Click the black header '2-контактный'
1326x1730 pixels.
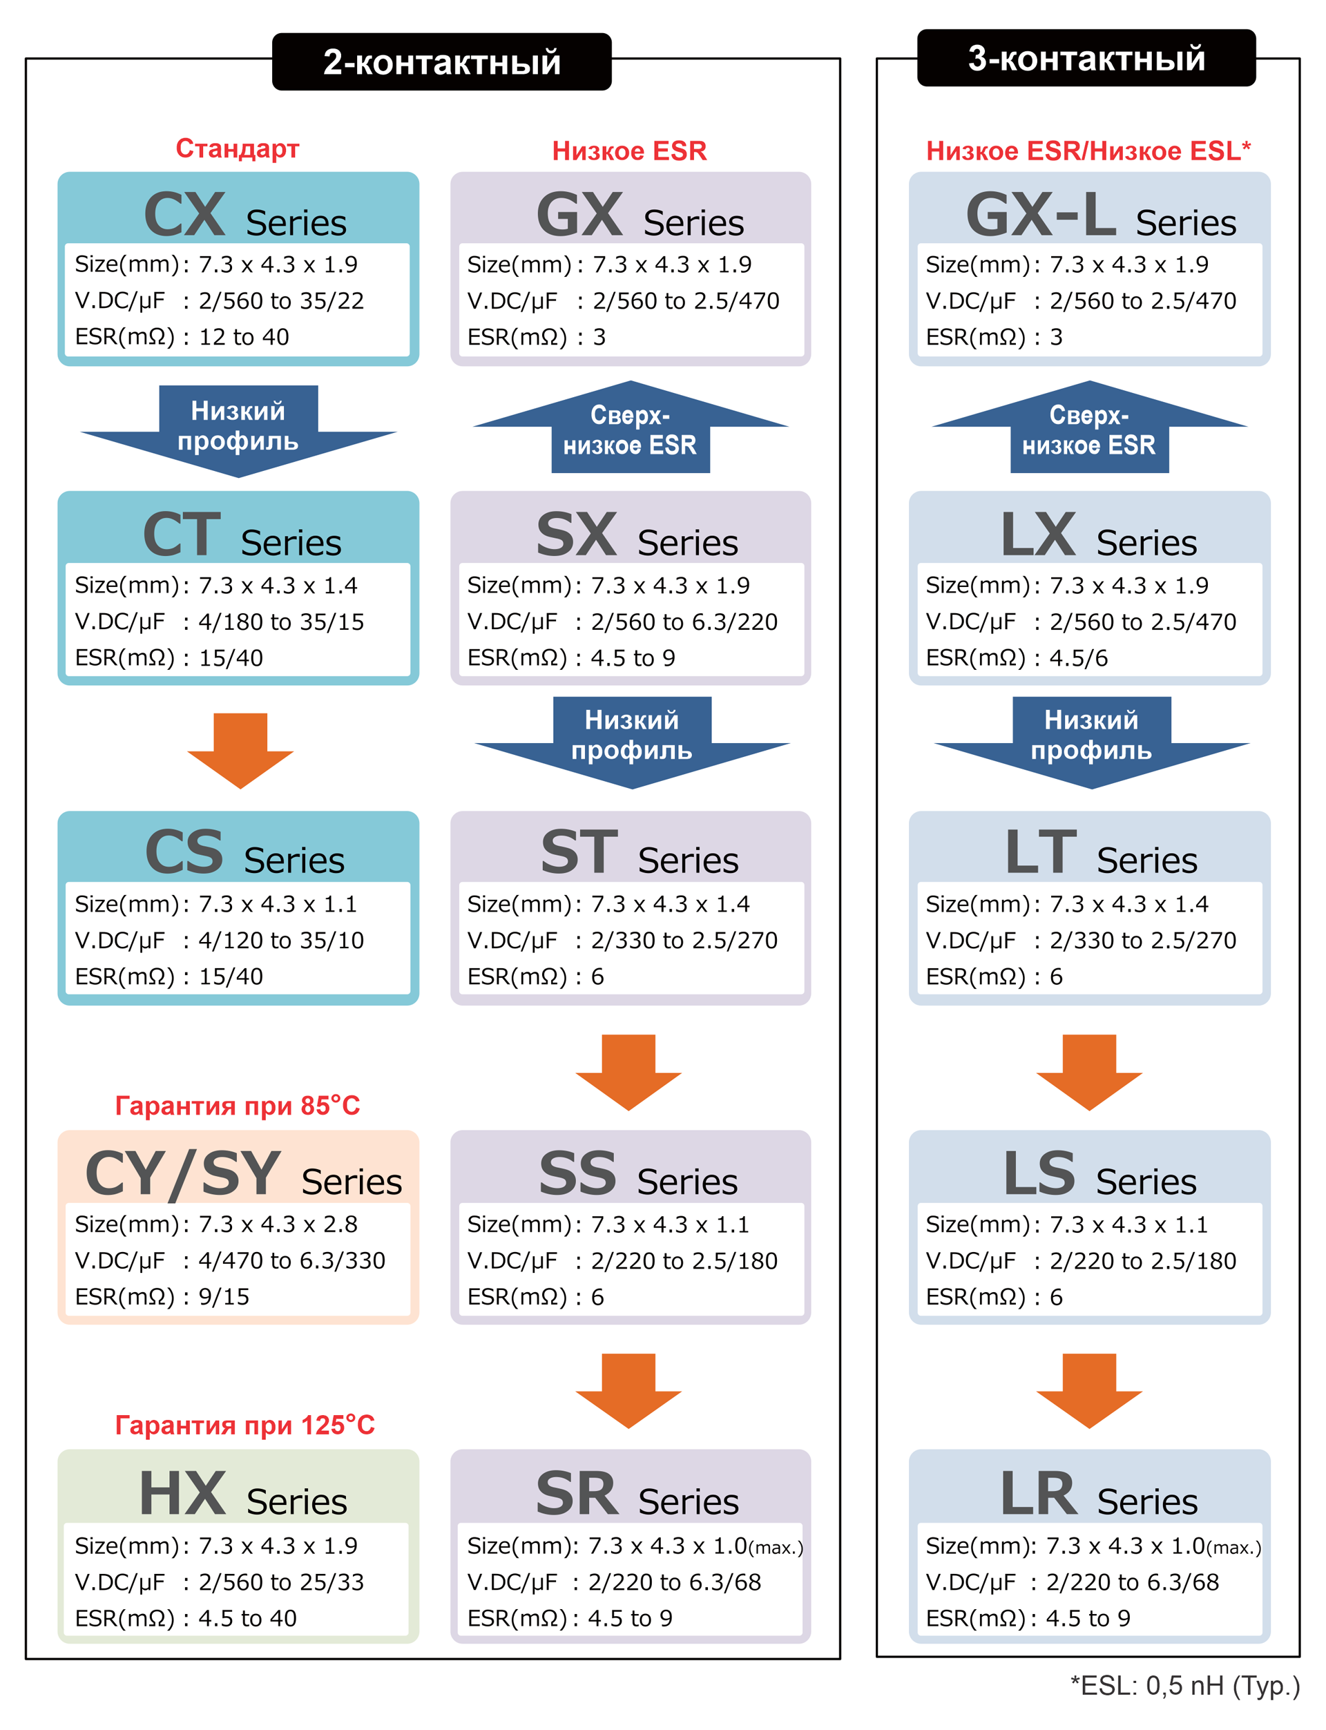tap(441, 61)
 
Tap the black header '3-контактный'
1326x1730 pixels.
tap(1086, 59)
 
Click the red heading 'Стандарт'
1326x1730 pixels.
tap(237, 148)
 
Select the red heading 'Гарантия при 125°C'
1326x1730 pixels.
tap(244, 1425)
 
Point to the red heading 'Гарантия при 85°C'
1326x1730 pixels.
tap(238, 1105)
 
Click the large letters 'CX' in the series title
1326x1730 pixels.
tap(184, 215)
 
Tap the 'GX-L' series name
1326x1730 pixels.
tap(1040, 215)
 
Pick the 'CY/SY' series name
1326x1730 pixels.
tap(182, 1173)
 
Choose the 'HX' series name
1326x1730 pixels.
tap(183, 1493)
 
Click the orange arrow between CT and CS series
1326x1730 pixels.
tap(240, 749)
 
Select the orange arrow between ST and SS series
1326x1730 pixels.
tap(628, 1071)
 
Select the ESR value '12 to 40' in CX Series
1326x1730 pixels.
tap(244, 337)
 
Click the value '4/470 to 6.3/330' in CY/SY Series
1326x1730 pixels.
tap(291, 1260)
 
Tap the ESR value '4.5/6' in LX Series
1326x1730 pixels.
tap(1078, 657)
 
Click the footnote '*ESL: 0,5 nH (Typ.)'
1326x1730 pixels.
tap(1184, 1685)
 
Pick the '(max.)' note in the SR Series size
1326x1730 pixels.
tap(775, 1548)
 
